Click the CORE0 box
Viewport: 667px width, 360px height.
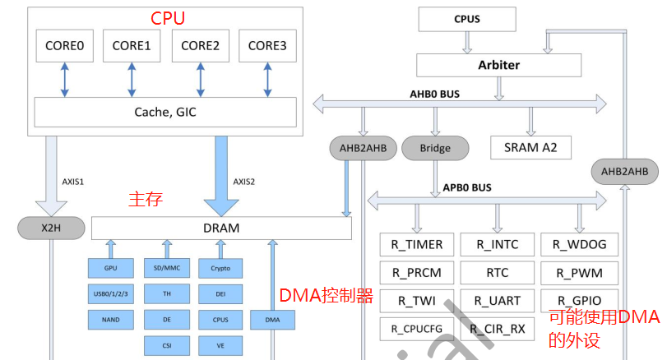pyautogui.click(x=63, y=46)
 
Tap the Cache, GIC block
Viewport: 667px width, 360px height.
pyautogui.click(x=164, y=112)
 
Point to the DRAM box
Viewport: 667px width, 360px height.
pyautogui.click(x=220, y=228)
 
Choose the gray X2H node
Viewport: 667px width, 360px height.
pyautogui.click(x=50, y=228)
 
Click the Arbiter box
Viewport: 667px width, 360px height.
pyautogui.click(x=499, y=64)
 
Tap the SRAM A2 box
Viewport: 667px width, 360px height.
pyautogui.click(x=530, y=147)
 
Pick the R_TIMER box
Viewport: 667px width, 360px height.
pyautogui.click(x=417, y=244)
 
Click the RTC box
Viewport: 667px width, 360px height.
pyautogui.click(x=497, y=272)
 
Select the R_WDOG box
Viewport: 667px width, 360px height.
pyautogui.click(x=579, y=244)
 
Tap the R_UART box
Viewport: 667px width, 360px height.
pyautogui.click(x=497, y=300)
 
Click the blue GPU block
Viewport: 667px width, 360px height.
pyautogui.click(x=110, y=269)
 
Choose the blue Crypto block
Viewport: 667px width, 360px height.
pyautogui.click(x=221, y=269)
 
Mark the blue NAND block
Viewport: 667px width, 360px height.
pyautogui.click(x=110, y=318)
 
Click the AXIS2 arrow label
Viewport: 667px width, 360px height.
pyautogui.click(x=244, y=182)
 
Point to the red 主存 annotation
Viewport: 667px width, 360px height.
pyautogui.click(x=145, y=198)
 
